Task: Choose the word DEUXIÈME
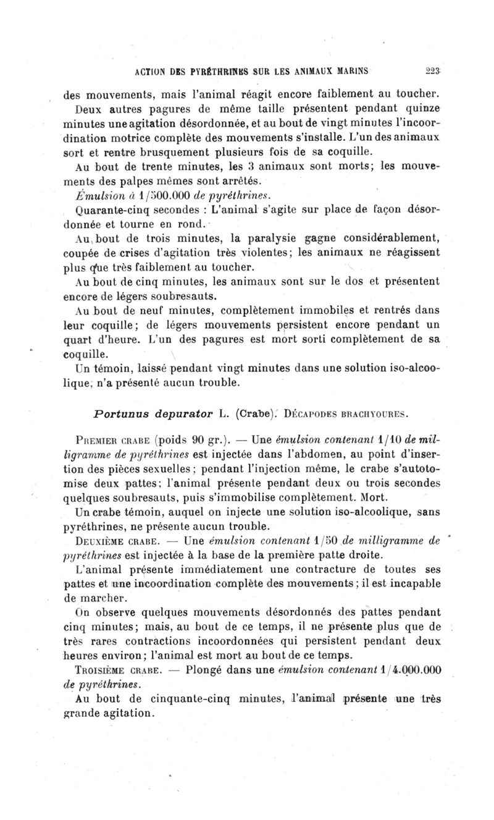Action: [x=85, y=541]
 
